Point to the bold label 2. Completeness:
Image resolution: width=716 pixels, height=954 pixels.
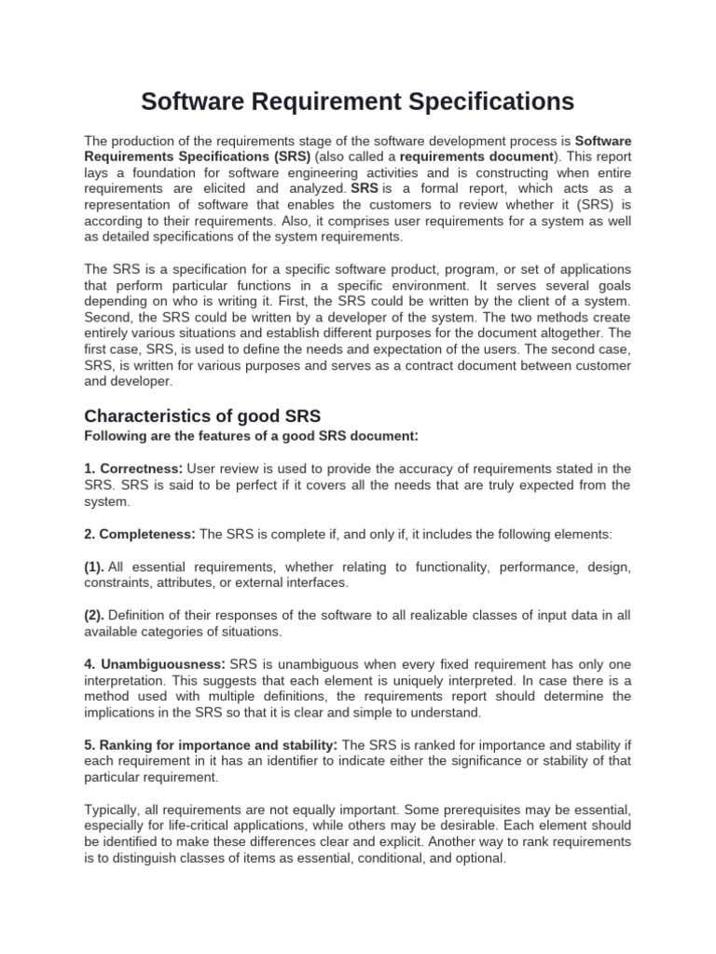click(x=140, y=534)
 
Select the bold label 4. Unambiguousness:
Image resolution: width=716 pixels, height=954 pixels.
click(x=155, y=664)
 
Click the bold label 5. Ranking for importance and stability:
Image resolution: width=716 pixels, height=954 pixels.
click(x=212, y=745)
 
